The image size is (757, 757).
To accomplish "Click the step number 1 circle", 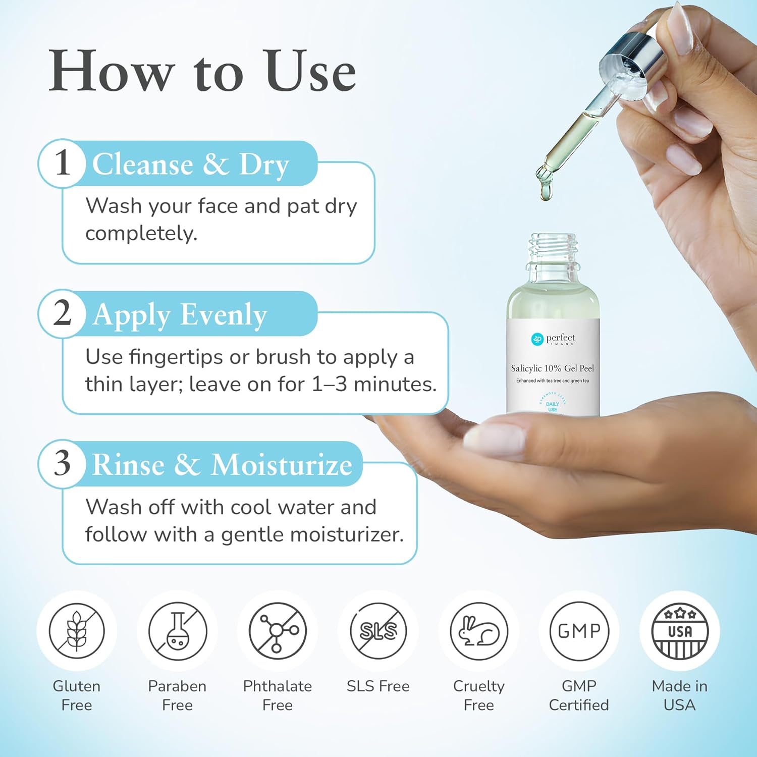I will (x=62, y=163).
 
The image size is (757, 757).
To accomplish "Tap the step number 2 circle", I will (x=62, y=313).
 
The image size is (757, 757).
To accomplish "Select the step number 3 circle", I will (x=62, y=463).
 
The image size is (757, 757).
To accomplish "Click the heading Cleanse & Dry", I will (x=190, y=165).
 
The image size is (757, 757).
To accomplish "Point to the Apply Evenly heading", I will (x=180, y=315).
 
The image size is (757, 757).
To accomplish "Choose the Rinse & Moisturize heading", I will (x=222, y=465).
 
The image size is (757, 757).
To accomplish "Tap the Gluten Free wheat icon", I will (x=77, y=631).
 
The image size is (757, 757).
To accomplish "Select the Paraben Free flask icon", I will (x=177, y=631).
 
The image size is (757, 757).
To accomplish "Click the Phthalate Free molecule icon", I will (x=278, y=631).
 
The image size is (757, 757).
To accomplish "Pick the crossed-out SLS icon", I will (x=378, y=631).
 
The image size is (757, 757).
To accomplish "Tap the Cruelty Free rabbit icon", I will (x=478, y=631).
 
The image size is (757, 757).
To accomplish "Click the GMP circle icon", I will (x=579, y=631).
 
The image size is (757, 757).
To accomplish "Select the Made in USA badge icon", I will (x=680, y=631).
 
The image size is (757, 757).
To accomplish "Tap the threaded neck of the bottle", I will (x=553, y=249).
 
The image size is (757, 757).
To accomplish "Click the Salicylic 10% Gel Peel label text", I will (x=553, y=368).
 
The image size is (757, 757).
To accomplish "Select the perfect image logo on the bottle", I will (x=553, y=339).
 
